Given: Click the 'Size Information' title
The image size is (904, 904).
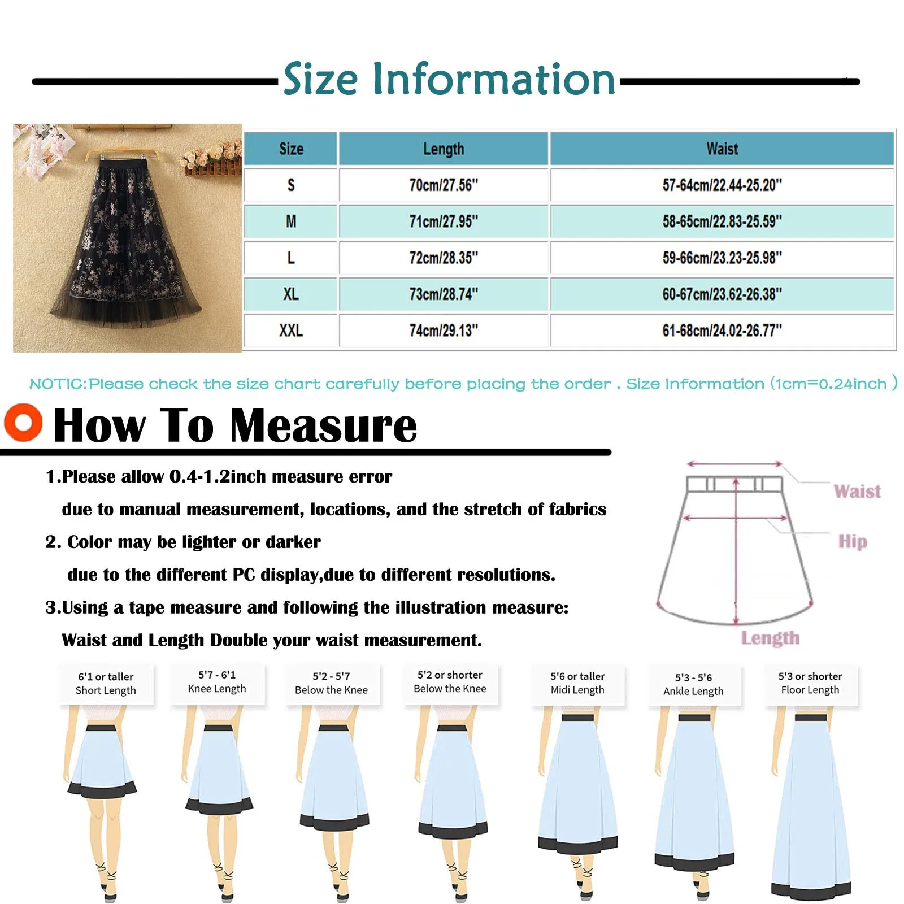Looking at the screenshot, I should click(449, 79).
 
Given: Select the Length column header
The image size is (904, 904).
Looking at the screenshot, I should click(444, 149).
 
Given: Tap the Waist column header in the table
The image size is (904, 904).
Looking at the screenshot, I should click(722, 149).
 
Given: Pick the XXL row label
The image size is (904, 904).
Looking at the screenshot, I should click(291, 331).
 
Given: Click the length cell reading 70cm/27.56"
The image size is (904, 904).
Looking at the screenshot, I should click(444, 185).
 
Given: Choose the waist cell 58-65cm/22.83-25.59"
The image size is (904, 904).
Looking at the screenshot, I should click(722, 221).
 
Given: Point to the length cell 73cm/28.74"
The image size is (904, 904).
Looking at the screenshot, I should click(444, 294).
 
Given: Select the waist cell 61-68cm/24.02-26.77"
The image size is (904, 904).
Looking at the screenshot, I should click(722, 331).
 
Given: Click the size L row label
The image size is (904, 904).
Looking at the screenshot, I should click(291, 258).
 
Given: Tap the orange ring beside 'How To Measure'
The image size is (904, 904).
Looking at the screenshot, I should click(23, 422).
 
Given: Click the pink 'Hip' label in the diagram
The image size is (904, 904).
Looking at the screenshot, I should click(853, 541).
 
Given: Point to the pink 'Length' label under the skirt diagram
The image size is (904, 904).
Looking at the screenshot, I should click(770, 638).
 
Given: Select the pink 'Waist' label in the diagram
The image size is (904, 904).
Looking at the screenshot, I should click(857, 491).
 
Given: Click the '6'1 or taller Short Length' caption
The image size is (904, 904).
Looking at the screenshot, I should click(106, 684).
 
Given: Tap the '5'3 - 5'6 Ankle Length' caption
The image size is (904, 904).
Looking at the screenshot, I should click(693, 684).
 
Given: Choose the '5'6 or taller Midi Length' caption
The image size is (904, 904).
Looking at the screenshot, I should click(577, 683).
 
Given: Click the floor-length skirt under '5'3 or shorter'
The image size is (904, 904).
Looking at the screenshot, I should click(811, 808).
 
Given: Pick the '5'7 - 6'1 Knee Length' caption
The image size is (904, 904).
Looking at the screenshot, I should click(217, 682).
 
